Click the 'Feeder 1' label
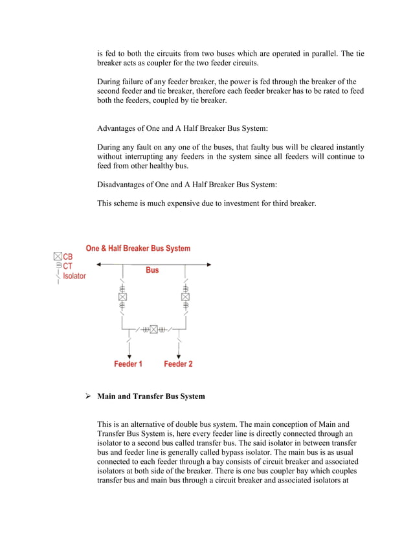pos(128,364)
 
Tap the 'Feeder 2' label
pos(178,364)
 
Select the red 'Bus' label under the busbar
pos(152,269)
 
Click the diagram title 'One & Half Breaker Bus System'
pos(138,248)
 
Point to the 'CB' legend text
pos(68,256)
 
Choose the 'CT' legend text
pos(68,266)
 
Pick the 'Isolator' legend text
pos(74,275)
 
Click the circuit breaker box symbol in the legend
pos(58,256)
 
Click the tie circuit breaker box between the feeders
pos(154,329)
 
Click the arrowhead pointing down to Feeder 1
pos(129,356)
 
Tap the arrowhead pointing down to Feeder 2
pos(179,356)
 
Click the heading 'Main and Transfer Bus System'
pos(151,396)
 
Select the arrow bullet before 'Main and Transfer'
pos(89,396)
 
